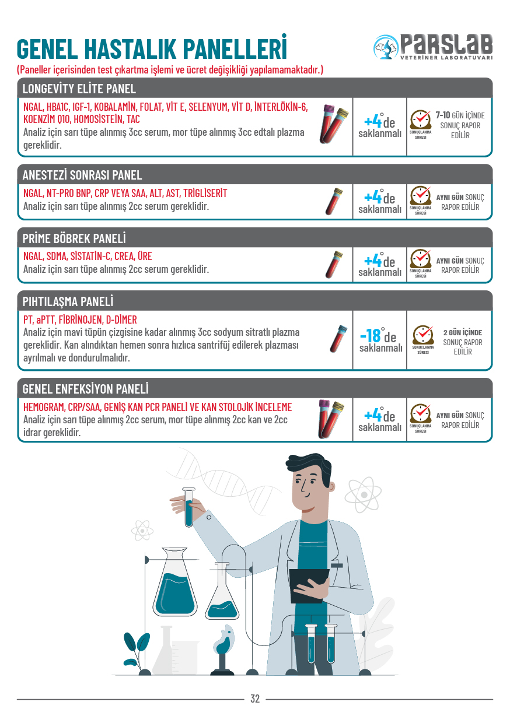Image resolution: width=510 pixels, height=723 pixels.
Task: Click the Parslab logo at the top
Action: (433, 47)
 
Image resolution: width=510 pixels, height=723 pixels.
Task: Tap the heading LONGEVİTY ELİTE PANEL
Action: (79, 89)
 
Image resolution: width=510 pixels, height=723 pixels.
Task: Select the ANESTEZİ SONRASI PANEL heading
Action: (82, 175)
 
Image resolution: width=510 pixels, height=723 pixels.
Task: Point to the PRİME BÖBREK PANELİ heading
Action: (74, 238)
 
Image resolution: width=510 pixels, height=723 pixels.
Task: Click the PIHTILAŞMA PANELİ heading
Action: (68, 301)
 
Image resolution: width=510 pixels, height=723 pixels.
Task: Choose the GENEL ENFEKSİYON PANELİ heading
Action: (85, 389)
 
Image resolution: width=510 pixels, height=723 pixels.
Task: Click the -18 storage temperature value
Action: (371, 336)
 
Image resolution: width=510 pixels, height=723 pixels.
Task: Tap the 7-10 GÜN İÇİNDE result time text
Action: (460, 115)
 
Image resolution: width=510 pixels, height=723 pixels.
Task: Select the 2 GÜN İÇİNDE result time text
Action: (463, 333)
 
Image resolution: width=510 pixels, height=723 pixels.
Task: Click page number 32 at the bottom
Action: (255, 699)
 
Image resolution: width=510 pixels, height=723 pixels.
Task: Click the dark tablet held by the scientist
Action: (309, 586)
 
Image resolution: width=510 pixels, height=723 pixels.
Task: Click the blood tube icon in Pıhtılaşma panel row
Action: (338, 339)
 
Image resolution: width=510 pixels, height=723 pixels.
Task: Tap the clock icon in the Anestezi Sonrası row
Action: (421, 197)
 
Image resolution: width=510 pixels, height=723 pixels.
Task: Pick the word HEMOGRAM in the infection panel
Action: (44, 408)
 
